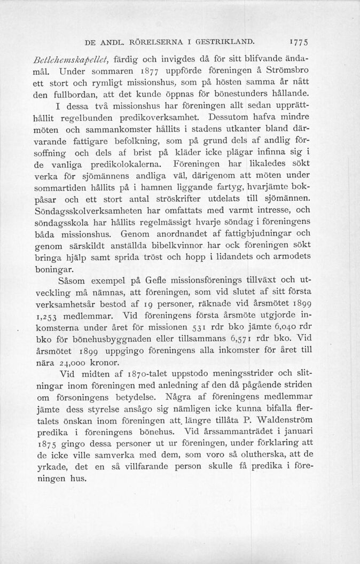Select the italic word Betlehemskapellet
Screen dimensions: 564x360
pos(81,57)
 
